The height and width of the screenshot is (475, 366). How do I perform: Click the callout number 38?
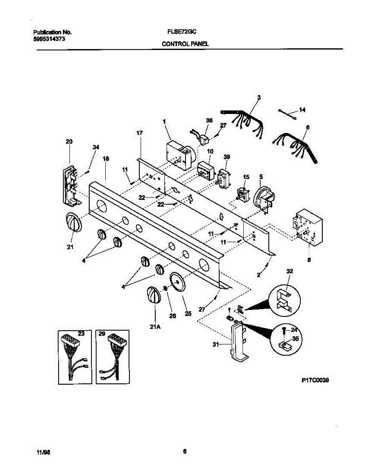(x=209, y=120)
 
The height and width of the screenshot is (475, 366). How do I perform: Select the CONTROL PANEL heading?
(x=185, y=45)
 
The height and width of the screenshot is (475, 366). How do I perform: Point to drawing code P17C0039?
(x=315, y=380)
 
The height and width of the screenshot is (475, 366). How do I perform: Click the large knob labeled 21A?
(x=154, y=295)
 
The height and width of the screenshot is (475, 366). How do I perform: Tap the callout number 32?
(x=289, y=271)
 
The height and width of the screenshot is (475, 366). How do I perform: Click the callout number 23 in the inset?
(x=81, y=334)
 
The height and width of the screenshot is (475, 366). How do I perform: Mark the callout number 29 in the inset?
(x=102, y=334)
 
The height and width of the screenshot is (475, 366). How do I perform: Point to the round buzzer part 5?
(x=263, y=198)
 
